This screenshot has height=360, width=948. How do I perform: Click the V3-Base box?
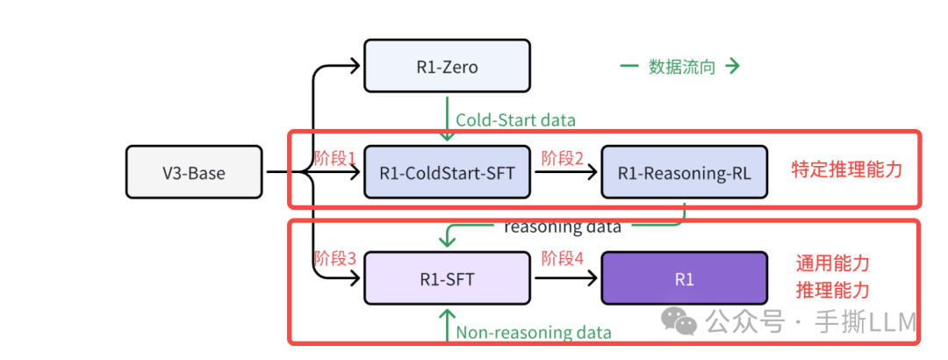pyautogui.click(x=194, y=172)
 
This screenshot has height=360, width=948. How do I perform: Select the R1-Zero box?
pyautogui.click(x=447, y=66)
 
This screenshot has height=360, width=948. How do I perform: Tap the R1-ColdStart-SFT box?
pyautogui.click(x=447, y=172)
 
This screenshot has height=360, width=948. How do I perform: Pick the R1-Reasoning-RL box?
pyautogui.click(x=684, y=172)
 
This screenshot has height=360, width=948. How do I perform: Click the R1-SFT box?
pyautogui.click(x=447, y=279)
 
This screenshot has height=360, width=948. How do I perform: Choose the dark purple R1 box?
pyautogui.click(x=684, y=279)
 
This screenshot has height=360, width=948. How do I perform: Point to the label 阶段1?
pyautogui.click(x=335, y=158)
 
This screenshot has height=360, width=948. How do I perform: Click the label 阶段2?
pyautogui.click(x=564, y=158)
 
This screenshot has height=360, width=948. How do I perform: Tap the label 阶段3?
pyautogui.click(x=335, y=259)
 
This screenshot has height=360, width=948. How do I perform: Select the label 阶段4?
pyautogui.click(x=564, y=259)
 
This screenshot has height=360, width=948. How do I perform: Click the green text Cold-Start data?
pyautogui.click(x=516, y=120)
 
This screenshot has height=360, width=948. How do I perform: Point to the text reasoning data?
pyautogui.click(x=562, y=227)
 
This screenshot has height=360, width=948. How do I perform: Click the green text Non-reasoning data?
pyautogui.click(x=534, y=332)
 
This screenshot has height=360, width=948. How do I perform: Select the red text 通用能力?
pyautogui.click(x=833, y=263)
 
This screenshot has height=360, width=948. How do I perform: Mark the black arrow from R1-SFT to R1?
pyautogui.click(x=566, y=279)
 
